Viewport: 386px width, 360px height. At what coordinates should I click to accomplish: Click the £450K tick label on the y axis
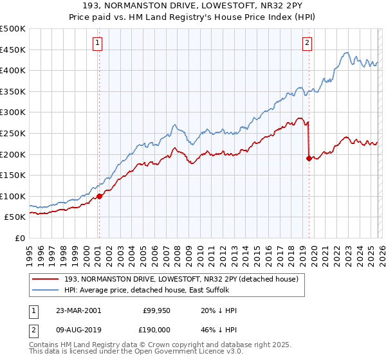pos(13,50)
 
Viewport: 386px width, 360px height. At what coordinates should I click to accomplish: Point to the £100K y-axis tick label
pos(13,196)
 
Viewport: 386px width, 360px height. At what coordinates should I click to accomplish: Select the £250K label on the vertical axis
pos(13,133)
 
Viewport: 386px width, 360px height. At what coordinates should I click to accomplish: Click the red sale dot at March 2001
pos(99,196)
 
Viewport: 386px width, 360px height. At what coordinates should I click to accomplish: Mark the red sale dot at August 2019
pos(309,157)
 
